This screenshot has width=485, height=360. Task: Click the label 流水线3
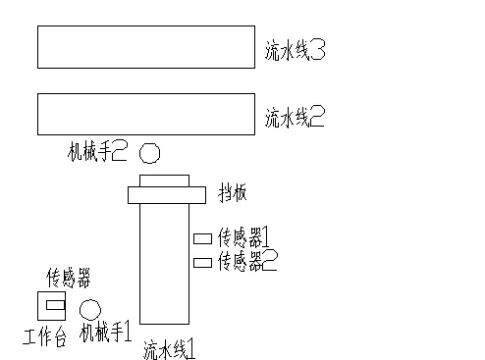click(295, 49)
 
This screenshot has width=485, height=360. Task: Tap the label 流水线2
click(295, 119)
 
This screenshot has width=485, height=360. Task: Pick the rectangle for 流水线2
click(143, 114)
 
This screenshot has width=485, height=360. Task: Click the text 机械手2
click(98, 152)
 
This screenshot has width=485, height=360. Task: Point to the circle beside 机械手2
click(149, 153)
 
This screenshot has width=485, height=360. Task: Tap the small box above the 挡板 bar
click(164, 180)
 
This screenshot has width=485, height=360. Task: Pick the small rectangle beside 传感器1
click(202, 238)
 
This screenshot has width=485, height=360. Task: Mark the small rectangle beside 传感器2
click(202, 262)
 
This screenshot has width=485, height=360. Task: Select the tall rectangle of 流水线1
click(164, 265)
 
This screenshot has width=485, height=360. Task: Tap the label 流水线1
click(172, 347)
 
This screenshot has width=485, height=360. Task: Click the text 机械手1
click(106, 333)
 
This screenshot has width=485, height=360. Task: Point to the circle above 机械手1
click(89, 309)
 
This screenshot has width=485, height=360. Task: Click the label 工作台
click(44, 340)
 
